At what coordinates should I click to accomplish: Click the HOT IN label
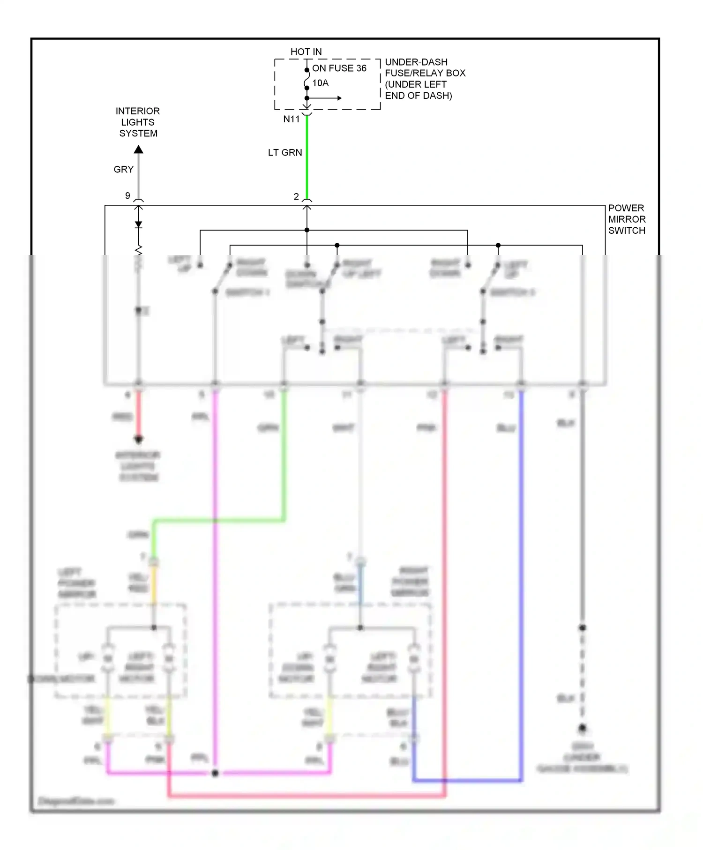306,52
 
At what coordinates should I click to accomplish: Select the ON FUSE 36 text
339,68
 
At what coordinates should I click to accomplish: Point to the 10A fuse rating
321,83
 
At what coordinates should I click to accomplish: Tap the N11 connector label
291,119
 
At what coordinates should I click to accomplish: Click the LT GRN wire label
285,153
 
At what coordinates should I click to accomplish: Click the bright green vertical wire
307,159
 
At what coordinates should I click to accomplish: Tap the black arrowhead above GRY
138,149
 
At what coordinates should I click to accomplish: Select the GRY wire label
124,170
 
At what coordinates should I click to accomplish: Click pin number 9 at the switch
127,196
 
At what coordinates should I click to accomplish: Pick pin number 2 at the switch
296,197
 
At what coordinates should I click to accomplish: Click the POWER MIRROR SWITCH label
627,219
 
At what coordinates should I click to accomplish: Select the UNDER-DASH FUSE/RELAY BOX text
425,79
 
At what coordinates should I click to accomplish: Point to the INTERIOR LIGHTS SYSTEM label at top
138,122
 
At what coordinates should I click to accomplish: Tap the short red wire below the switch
138,415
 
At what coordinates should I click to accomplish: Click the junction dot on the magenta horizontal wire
215,773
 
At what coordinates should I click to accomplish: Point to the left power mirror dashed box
121,651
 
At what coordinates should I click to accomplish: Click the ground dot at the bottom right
582,728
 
